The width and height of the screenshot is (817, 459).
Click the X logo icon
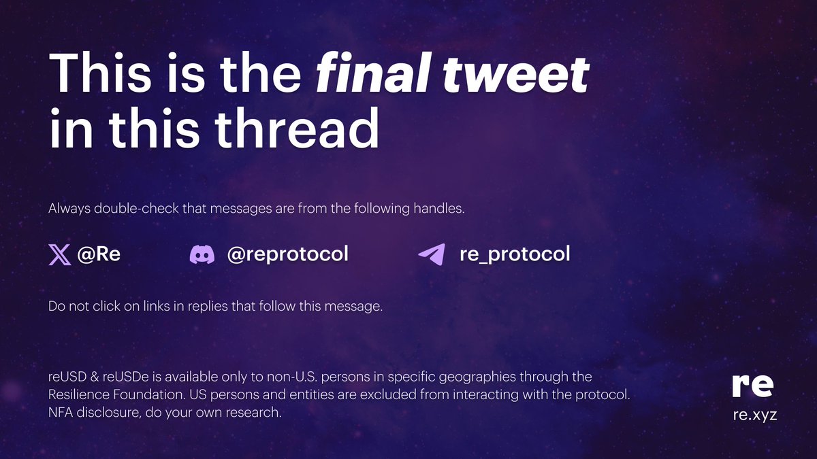[x=60, y=255]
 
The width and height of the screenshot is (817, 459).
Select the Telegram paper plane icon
[x=432, y=255]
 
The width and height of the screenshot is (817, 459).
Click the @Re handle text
[x=99, y=255]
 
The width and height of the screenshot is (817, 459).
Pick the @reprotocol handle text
[x=287, y=255]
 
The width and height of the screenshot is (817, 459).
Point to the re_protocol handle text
[x=515, y=255]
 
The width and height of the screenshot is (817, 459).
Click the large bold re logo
[x=753, y=386]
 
